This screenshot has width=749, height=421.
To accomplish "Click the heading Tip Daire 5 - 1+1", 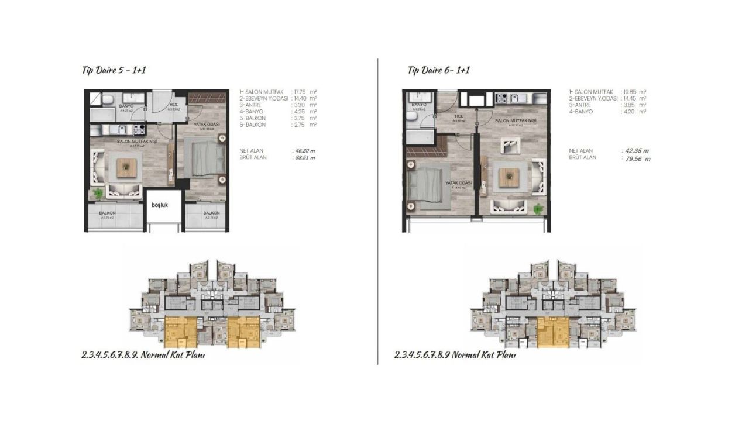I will click(114, 70).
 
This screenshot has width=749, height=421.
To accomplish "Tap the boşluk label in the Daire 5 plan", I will click(160, 206).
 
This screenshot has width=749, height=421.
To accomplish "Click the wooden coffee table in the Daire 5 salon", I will click(125, 168).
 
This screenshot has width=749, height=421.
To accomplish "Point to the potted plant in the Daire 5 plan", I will click(98, 192).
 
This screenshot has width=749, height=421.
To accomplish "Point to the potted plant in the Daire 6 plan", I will click(538, 208).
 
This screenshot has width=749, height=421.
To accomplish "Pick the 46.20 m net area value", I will click(303, 150).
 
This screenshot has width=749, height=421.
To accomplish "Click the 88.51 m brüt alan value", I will click(303, 158).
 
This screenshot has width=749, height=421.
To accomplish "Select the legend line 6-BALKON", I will click(253, 125).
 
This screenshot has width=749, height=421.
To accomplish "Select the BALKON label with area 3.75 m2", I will click(106, 213).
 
